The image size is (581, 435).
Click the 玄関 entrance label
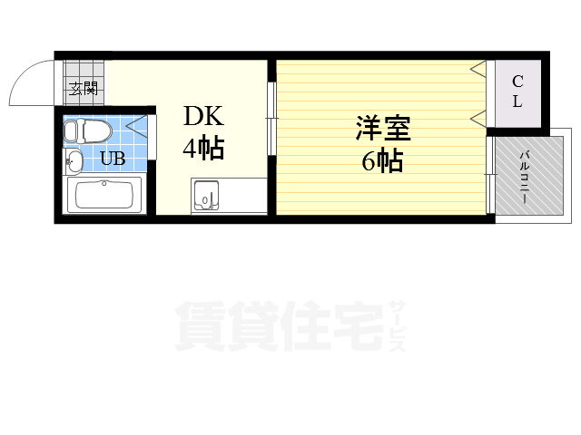point(84,89)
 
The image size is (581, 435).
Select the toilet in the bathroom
point(87,131)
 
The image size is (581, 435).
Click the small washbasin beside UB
point(74,161)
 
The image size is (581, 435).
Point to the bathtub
point(103,195)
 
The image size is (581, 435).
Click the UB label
point(113,159)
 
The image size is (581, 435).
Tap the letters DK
point(203,116)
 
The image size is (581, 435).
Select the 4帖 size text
point(203,148)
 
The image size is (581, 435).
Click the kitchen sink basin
point(205,195)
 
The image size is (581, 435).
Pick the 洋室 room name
point(383,129)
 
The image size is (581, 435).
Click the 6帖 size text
point(382,160)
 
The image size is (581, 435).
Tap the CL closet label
point(517,92)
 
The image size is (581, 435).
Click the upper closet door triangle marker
point(478,69)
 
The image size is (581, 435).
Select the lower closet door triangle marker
point(478,119)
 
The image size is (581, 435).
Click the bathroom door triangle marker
point(137,125)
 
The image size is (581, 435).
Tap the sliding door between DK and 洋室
point(271,119)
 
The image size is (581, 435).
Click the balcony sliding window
point(490,175)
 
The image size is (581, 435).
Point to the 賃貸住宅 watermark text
point(281,326)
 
